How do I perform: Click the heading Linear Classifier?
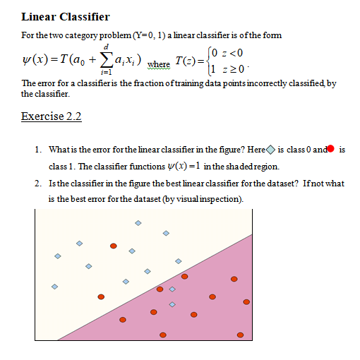(x=66, y=16)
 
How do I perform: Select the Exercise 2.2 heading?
(x=52, y=116)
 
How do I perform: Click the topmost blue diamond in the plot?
(x=138, y=223)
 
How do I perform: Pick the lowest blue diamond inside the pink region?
(x=172, y=305)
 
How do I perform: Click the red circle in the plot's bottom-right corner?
(x=240, y=335)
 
